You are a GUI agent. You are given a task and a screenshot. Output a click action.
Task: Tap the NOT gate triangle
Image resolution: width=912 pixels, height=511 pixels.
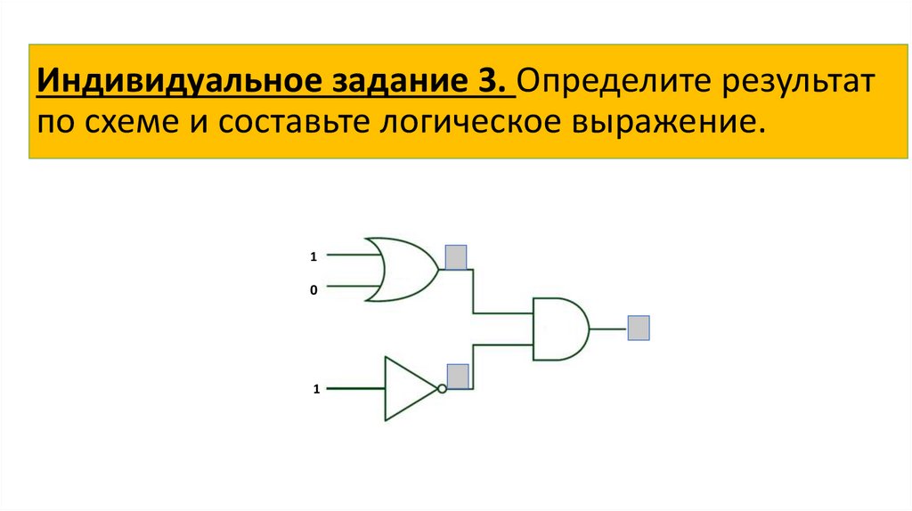pyautogui.click(x=409, y=389)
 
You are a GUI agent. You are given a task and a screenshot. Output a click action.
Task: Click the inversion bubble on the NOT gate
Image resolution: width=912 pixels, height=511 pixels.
pyautogui.click(x=441, y=389)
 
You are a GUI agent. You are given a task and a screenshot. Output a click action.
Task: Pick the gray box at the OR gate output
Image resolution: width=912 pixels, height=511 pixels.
pyautogui.click(x=457, y=257)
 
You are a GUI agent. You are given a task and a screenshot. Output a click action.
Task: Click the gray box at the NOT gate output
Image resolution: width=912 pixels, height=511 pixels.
pyautogui.click(x=458, y=377)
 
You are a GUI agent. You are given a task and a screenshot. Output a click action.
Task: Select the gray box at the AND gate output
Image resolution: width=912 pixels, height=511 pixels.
pyautogui.click(x=639, y=328)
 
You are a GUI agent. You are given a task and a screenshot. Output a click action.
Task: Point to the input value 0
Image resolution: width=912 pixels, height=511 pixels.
pyautogui.click(x=313, y=289)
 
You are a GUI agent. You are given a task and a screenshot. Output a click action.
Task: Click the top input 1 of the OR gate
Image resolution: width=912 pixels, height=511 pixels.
pyautogui.click(x=313, y=256)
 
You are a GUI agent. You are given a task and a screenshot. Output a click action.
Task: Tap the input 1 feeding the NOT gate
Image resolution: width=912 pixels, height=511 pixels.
pyautogui.click(x=315, y=389)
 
